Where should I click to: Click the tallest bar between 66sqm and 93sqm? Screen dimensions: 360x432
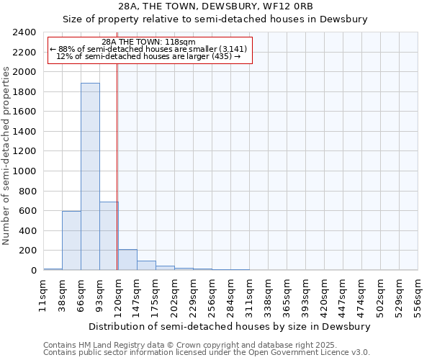90,176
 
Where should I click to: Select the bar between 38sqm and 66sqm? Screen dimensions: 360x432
71,240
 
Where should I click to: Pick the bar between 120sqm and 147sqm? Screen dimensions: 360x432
127,260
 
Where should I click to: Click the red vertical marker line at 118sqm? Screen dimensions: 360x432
117,166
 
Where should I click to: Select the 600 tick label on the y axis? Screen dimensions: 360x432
28,211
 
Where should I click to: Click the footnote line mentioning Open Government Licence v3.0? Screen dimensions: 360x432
207,353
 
